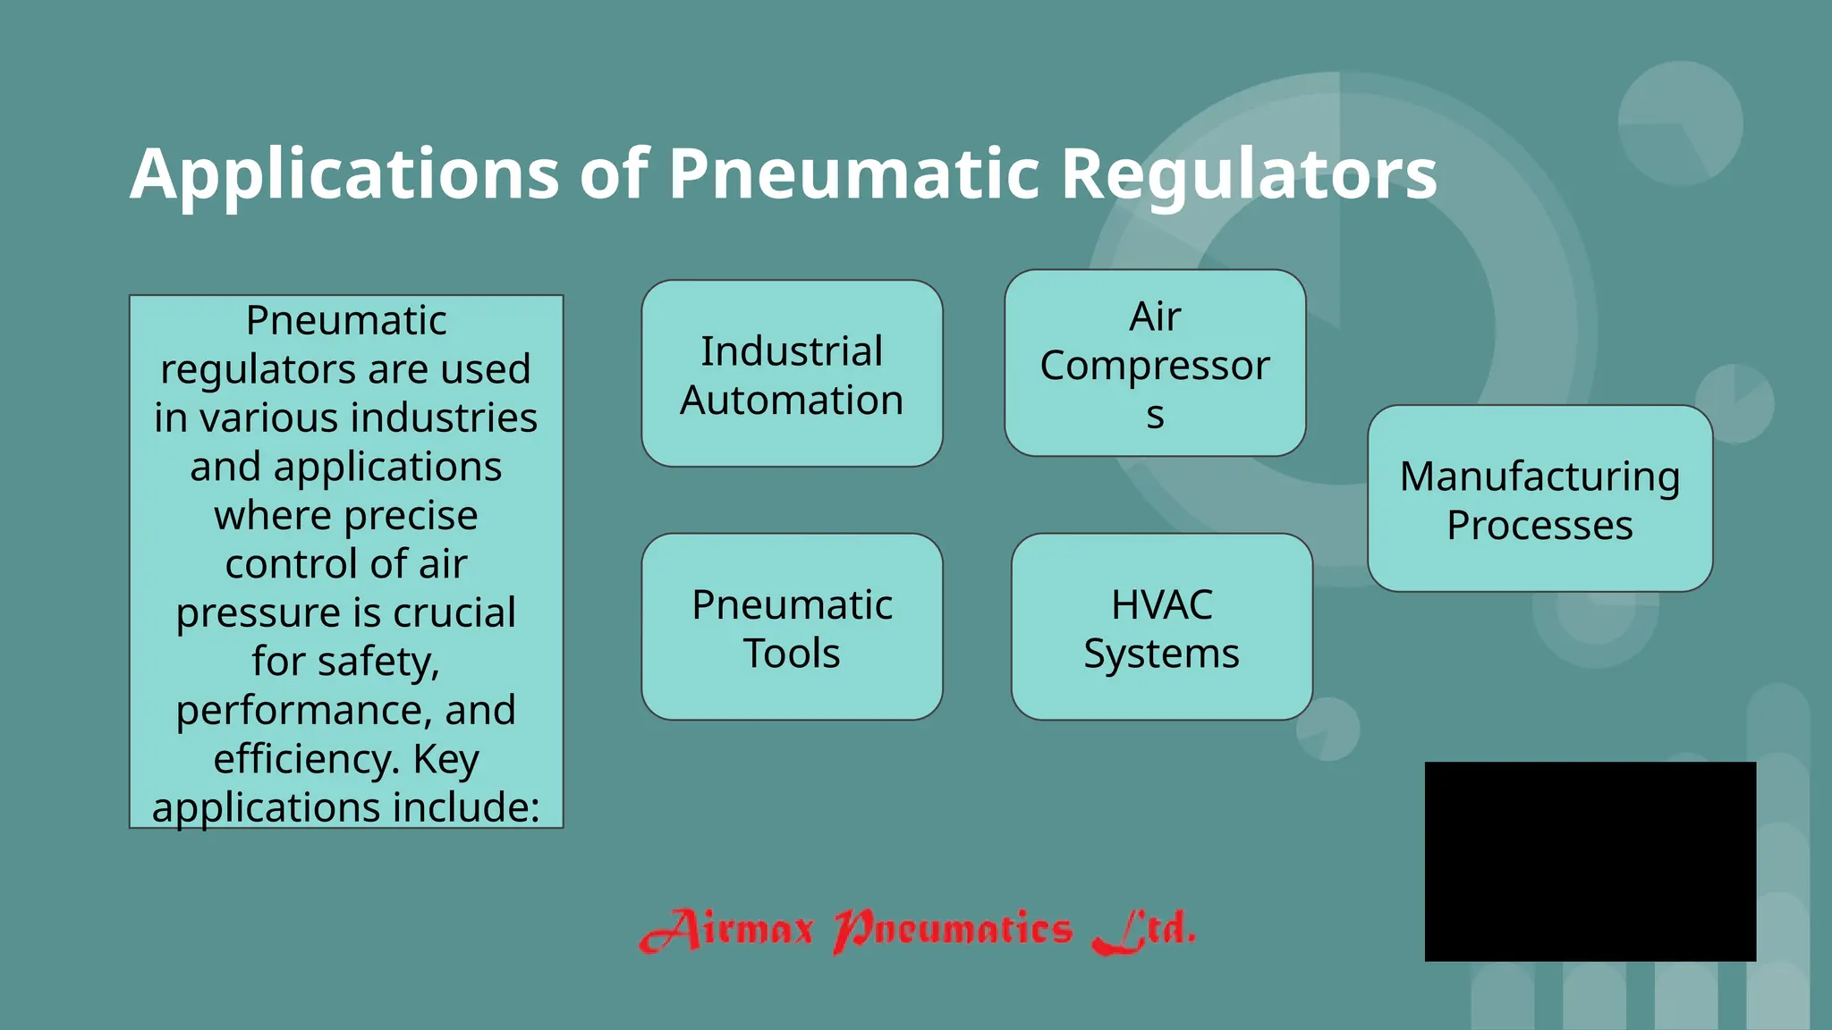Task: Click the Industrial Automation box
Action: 792,374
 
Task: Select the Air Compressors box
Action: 1155,363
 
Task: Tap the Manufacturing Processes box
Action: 1539,499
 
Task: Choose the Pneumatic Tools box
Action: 792,627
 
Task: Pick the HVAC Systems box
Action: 1161,627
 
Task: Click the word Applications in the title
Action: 344,173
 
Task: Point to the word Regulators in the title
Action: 1249,173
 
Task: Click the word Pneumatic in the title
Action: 854,173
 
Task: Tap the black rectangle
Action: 1590,861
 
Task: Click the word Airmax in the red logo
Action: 726,930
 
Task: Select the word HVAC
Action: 1161,604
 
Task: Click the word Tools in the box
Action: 792,654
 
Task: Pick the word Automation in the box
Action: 792,400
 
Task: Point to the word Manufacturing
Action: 1539,477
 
